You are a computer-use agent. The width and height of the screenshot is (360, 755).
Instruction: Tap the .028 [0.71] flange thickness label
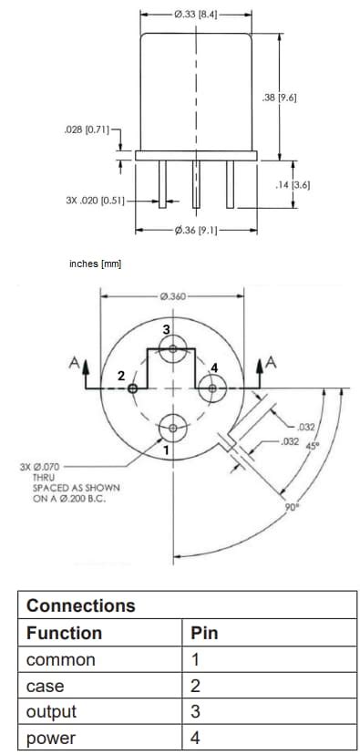click(87, 131)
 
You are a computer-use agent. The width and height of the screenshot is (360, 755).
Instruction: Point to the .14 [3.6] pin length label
click(293, 185)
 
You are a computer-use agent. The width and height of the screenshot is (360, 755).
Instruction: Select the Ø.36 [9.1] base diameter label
click(195, 230)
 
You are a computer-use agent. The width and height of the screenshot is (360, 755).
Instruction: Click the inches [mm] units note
click(95, 264)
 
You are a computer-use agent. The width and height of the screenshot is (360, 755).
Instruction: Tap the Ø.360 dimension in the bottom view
click(172, 296)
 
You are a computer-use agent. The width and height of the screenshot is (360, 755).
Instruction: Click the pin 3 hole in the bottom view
click(172, 348)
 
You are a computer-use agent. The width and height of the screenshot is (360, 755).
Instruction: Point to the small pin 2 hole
click(133, 388)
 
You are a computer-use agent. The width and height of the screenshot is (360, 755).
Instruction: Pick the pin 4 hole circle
click(212, 388)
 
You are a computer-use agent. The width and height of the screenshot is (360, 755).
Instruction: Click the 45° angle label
click(313, 446)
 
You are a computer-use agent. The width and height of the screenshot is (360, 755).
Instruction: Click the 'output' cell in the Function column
click(51, 711)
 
